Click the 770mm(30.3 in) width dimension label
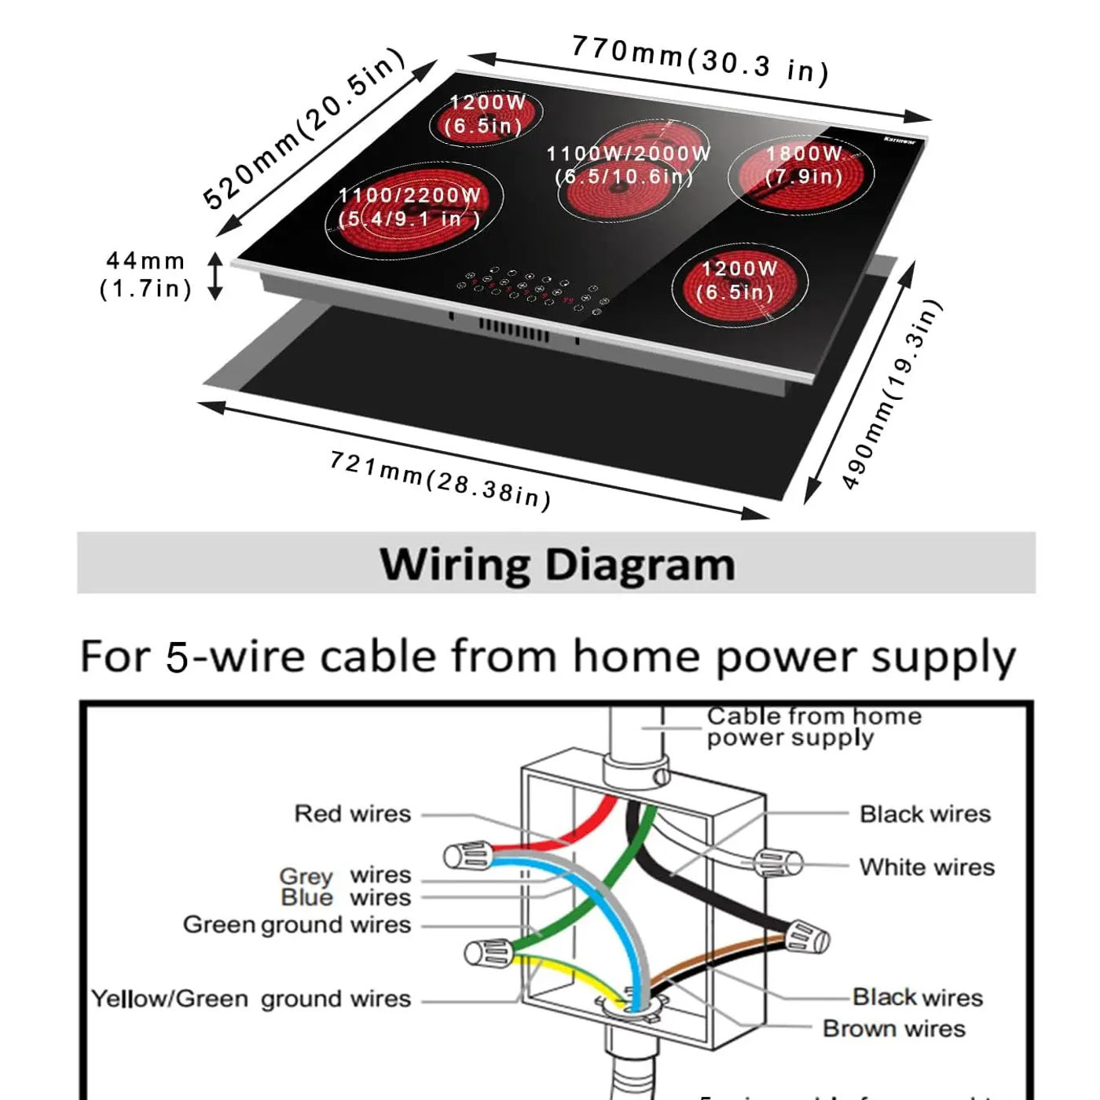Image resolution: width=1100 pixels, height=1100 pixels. (x=699, y=59)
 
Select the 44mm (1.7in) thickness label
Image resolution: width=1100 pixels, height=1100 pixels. (x=146, y=275)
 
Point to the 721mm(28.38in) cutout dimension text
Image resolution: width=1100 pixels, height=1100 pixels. (x=440, y=479)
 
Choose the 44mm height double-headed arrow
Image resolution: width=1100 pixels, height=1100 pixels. (x=215, y=276)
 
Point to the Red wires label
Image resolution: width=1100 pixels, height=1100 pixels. (x=352, y=814)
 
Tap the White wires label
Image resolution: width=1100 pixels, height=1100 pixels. (x=926, y=867)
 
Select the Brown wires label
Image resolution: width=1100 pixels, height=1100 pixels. (x=893, y=1028)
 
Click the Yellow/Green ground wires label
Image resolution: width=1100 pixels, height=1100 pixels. (x=251, y=999)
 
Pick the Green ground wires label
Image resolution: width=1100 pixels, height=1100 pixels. (x=296, y=925)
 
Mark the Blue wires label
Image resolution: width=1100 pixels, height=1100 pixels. (x=345, y=898)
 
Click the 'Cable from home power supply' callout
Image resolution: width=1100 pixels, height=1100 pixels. (x=813, y=727)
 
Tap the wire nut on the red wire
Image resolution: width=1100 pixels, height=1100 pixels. (x=468, y=856)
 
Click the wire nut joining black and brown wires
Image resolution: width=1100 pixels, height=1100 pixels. (x=807, y=937)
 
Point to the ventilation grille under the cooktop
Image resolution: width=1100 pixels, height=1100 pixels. (x=514, y=330)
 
